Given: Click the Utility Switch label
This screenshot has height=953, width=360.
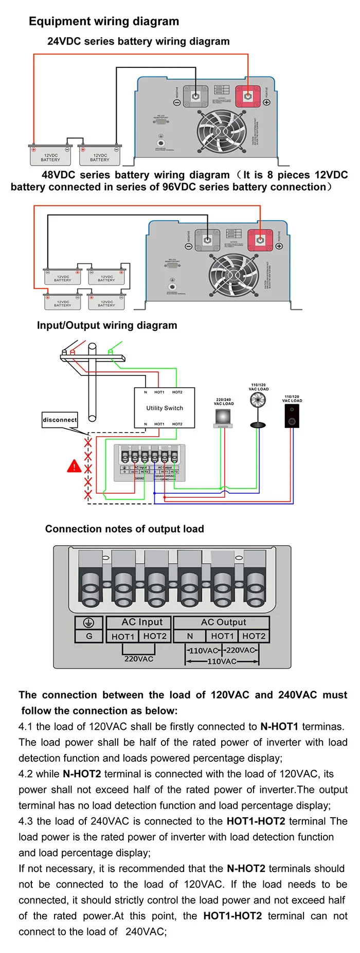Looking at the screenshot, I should (165, 408).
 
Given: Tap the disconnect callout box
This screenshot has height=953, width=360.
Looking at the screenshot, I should (60, 420).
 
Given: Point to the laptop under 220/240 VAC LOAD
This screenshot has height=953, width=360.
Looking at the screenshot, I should (223, 418).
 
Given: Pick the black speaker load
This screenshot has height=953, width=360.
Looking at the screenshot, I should (292, 416).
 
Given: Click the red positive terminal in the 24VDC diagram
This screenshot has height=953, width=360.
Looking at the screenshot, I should (248, 96).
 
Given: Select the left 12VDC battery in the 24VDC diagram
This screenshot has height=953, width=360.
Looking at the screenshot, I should (50, 155).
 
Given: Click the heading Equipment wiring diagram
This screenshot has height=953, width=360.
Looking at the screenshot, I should (104, 21).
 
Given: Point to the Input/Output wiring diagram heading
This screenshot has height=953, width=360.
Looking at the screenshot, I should (107, 325).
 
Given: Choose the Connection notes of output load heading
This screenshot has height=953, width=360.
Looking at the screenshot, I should (124, 529).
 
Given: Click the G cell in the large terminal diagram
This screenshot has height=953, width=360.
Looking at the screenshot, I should (89, 636).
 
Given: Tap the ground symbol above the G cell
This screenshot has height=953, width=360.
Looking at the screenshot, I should (89, 622).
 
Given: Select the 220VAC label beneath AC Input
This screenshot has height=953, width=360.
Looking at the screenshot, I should (139, 659).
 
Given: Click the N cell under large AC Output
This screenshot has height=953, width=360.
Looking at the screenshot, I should (190, 636).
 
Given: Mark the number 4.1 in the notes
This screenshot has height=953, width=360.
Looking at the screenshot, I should (26, 727).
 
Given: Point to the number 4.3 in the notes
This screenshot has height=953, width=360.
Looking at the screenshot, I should (26, 821).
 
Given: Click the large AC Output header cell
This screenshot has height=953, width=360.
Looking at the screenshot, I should (223, 622).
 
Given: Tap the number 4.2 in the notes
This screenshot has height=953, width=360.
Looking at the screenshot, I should (26, 774).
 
